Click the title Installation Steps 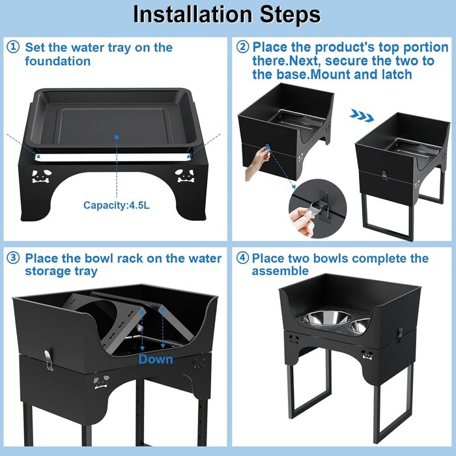coord(227,14)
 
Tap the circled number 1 coord(13,47)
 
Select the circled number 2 coord(242,47)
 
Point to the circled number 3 coord(13,258)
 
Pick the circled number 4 coord(242,258)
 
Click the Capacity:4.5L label coord(117,205)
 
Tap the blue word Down coord(156,360)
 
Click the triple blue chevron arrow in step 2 coord(362,115)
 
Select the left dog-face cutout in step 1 coord(42,177)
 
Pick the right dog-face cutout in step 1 coord(185,176)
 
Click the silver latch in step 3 coord(49,360)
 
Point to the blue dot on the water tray coord(117,137)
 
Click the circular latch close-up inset coord(318,208)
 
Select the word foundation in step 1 coord(57,61)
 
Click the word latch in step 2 coord(397,74)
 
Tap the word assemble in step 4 coord(280,271)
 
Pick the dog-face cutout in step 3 coord(102,382)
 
